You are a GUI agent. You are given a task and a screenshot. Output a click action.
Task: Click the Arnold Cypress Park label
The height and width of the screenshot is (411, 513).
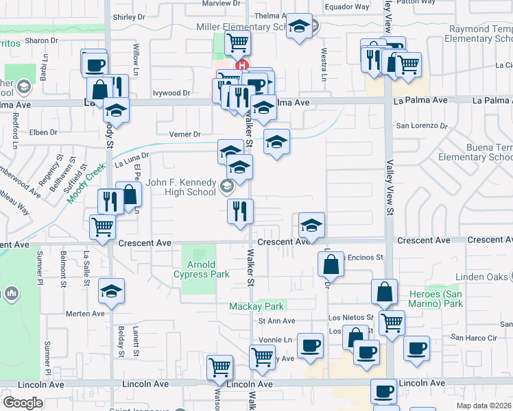(208, 269)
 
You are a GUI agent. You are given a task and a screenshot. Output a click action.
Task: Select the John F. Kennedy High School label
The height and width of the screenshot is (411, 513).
(181, 187)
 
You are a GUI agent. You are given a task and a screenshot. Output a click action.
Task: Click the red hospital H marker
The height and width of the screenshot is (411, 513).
(241, 66)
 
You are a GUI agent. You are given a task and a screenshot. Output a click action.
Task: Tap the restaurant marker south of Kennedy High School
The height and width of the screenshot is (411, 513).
(240, 210)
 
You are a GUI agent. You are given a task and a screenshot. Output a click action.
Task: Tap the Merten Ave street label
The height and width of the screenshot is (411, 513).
(85, 314)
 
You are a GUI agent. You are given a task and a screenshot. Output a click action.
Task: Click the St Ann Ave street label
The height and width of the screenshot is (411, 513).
(276, 321)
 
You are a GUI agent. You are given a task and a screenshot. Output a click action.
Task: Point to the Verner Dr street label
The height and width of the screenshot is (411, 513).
(187, 134)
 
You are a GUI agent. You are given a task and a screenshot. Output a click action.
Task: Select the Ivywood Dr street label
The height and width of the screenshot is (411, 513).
(171, 92)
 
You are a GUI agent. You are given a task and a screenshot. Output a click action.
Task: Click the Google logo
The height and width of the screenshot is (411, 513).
(23, 403)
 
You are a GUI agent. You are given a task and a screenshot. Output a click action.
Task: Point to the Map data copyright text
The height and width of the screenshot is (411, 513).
(484, 406)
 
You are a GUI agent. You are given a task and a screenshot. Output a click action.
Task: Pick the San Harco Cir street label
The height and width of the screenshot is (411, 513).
(473, 337)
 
